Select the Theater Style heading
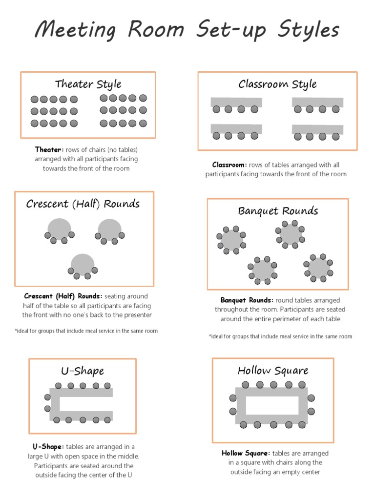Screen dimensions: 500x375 pos(88,84)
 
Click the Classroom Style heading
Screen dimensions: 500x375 pos(277,84)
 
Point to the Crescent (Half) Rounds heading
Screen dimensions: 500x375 pos(83,204)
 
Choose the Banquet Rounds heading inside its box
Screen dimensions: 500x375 pos(278,211)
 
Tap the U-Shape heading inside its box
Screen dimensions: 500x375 pos(83,371)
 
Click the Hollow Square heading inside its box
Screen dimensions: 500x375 pos(273,371)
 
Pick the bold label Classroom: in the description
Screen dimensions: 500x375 pos(229,165)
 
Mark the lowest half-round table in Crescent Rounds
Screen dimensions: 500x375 pos(83,264)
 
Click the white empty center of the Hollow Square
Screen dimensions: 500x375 pos(272,405)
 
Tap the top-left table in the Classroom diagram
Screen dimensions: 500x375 pos(236,102)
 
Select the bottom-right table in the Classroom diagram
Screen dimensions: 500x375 pos(317,129)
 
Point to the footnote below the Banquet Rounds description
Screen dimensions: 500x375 pos(280,336)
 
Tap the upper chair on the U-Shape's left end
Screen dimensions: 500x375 pos(47,397)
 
